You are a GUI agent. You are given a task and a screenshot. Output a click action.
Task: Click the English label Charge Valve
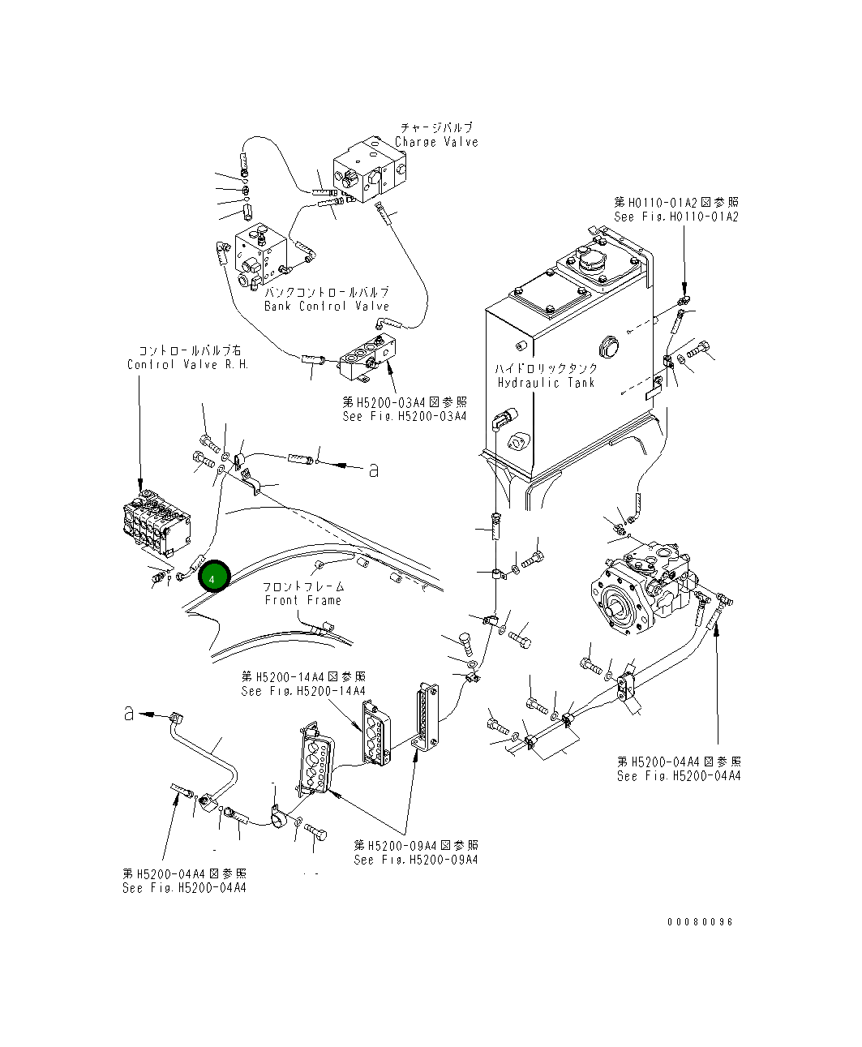[x=436, y=142]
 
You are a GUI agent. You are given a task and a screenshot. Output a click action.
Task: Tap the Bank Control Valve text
[x=327, y=307]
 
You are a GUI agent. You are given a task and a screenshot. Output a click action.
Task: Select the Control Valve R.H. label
[x=187, y=364]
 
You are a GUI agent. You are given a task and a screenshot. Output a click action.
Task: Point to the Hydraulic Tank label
[x=546, y=382]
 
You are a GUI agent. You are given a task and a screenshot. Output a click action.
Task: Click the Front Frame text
[x=302, y=600]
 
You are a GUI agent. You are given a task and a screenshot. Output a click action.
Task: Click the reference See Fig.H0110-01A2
[x=676, y=217]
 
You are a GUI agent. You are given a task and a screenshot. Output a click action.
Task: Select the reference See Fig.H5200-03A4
[x=405, y=416]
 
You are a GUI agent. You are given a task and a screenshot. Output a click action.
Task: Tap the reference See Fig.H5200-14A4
[x=303, y=691]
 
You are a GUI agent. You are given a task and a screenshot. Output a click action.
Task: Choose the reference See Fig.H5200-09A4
[x=416, y=860]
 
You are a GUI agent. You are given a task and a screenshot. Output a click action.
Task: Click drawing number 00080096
[x=700, y=922]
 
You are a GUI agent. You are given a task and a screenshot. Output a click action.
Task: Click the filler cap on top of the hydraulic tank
[x=588, y=264]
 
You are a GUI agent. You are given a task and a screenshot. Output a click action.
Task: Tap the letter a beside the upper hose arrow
[x=374, y=470]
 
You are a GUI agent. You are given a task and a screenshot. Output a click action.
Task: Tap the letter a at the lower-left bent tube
[x=129, y=713]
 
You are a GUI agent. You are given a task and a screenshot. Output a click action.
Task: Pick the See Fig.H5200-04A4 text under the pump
[x=679, y=776]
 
